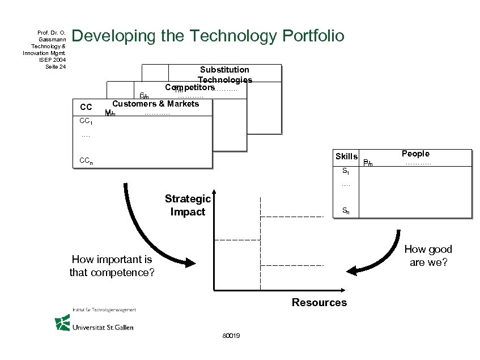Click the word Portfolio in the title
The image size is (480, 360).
pos(311,36)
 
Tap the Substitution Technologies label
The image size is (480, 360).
pos(224,75)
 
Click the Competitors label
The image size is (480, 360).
pos(189,88)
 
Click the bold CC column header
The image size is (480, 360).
pos(86,107)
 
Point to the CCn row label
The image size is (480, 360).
pos(87,161)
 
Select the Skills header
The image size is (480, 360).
pos(346,156)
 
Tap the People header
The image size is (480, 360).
pos(415,154)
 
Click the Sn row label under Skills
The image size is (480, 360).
pos(346,211)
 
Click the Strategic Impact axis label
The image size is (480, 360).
pos(188,205)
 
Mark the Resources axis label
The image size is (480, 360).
pos(319,302)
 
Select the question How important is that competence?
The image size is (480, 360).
pos(111,265)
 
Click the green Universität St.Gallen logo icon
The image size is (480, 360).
pos(62,323)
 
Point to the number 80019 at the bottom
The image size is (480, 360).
pos(231,336)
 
